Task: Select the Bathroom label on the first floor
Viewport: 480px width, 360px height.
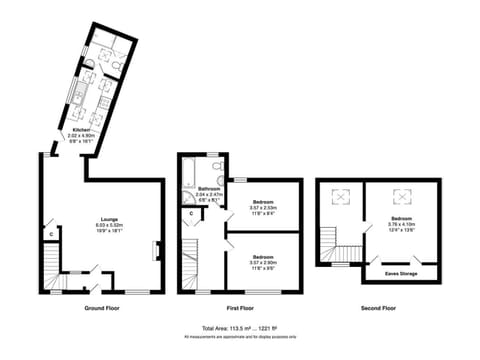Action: (209, 188)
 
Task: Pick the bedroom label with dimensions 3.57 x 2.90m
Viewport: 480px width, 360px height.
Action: (265, 257)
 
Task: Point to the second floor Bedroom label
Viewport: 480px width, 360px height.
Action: (401, 217)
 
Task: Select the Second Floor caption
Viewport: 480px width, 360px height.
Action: (377, 309)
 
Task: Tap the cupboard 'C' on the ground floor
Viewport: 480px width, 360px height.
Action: (50, 235)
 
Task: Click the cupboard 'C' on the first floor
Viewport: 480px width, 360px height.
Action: (191, 214)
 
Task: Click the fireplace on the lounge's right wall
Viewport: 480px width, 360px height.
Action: (155, 250)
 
